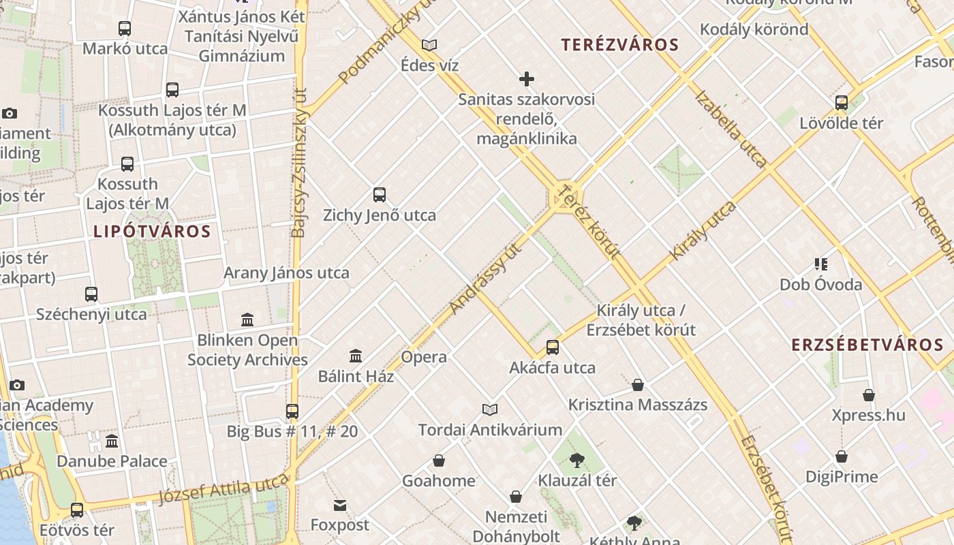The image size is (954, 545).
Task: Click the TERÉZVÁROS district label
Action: [x=620, y=46]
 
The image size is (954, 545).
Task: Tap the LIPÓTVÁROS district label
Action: [x=152, y=232]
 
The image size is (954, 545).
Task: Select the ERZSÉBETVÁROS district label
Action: [x=867, y=345]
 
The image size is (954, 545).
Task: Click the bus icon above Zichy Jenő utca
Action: [x=380, y=195]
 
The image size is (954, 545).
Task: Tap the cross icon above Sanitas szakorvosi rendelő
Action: [x=526, y=79]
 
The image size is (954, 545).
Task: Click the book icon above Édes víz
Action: [x=429, y=45]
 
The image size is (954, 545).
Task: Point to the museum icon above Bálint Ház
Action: [x=356, y=356]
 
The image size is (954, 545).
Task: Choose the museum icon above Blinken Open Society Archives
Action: [x=247, y=320]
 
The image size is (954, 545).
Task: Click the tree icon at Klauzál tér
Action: [x=577, y=461]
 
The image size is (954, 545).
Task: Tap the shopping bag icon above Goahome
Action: [x=439, y=461]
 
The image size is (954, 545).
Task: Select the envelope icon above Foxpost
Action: [x=340, y=505]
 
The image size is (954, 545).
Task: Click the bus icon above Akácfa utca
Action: [x=553, y=347]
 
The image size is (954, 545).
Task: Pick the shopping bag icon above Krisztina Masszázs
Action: [x=638, y=385]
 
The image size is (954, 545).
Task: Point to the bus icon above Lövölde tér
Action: [x=842, y=103]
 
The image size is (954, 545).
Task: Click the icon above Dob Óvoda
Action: [x=821, y=264]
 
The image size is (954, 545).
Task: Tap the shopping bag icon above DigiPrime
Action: [x=842, y=456]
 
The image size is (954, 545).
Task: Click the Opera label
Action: [x=424, y=357]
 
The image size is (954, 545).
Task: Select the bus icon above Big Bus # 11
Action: [x=292, y=411]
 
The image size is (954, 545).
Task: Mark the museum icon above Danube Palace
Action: [x=112, y=441]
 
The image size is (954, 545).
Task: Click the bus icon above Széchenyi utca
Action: [x=91, y=294]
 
